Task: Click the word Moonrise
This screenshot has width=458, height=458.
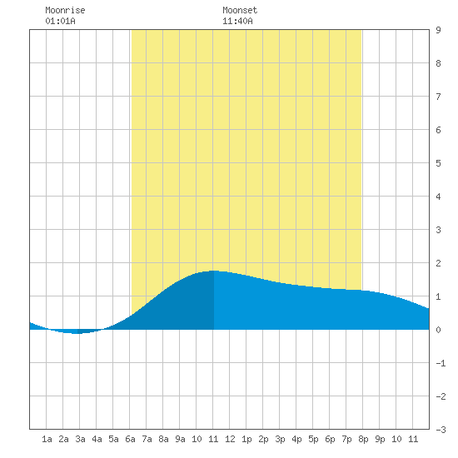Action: (65, 10)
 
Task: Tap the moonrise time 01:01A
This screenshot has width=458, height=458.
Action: (60, 21)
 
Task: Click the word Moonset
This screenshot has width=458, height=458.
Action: (240, 10)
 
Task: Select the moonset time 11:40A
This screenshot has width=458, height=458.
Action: (237, 21)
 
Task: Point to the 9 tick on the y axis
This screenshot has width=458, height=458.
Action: (438, 30)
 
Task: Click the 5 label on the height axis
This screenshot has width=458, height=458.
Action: (438, 163)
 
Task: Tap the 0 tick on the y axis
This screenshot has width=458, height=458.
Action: (438, 330)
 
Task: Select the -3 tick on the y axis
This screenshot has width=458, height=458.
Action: (441, 430)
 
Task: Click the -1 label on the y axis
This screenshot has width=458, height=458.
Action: (441, 363)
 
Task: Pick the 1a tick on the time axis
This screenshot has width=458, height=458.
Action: (47, 439)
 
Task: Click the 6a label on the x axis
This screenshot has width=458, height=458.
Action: (130, 439)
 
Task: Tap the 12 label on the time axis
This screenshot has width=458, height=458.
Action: (230, 439)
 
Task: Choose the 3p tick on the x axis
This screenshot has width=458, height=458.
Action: (280, 439)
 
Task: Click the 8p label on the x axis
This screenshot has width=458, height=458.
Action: (363, 439)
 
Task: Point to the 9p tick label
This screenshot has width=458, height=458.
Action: (380, 439)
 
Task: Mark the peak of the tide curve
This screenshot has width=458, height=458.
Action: (214, 271)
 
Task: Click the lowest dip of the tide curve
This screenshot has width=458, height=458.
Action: (77, 333)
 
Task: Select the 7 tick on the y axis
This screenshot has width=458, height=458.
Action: (438, 97)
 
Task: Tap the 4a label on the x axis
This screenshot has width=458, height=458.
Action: (97, 439)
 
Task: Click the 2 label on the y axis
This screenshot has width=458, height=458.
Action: (438, 263)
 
